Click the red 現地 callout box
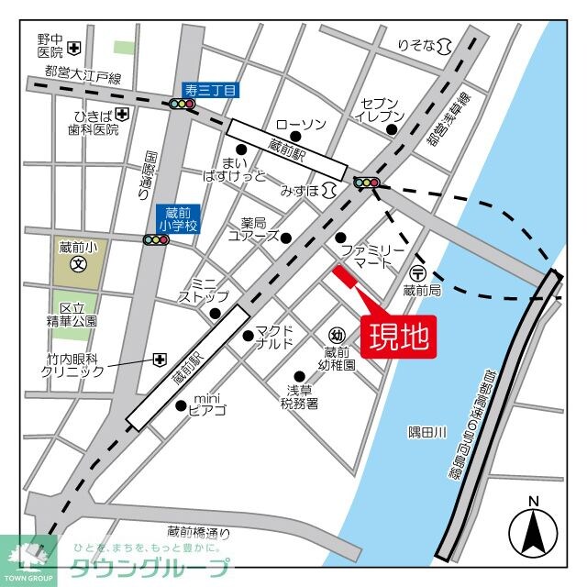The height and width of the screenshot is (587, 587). point(398,338)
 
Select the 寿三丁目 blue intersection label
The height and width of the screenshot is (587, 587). point(210,89)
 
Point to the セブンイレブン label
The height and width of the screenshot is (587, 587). point(379,108)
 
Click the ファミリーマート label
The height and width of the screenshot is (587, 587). point(371,256)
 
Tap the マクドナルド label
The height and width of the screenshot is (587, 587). point(274,337)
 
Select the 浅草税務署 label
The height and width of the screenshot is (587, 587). point(301,396)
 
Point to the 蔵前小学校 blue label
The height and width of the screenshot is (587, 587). point(173,218)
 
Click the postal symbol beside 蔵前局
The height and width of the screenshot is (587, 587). point(418,272)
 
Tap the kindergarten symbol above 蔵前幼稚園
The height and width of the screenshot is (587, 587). point(338,336)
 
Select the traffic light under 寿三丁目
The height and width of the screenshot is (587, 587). point(182,105)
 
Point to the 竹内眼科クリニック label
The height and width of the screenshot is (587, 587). point(73,365)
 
